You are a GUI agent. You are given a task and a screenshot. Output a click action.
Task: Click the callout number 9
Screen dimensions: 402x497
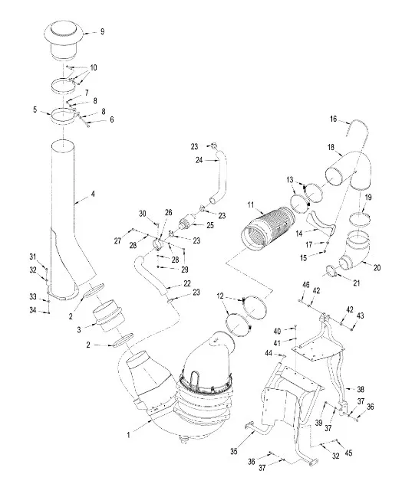(x=102, y=31)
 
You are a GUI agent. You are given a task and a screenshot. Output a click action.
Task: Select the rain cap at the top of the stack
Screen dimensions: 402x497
(x=64, y=41)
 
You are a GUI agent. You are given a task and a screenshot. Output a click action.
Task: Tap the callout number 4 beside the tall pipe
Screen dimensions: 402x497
(x=93, y=194)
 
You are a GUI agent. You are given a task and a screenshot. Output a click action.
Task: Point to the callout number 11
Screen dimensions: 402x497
(x=251, y=204)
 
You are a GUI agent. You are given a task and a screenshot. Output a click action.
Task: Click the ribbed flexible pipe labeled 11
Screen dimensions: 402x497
(x=268, y=229)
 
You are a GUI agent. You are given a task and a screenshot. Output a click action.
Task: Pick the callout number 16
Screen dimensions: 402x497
(x=333, y=119)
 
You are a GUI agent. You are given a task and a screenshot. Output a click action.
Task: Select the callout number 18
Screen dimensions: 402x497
(x=331, y=148)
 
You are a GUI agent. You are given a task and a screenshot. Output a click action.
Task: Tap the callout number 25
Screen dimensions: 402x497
(x=210, y=225)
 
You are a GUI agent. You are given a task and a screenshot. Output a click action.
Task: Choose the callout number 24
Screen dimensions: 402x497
(x=199, y=160)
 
